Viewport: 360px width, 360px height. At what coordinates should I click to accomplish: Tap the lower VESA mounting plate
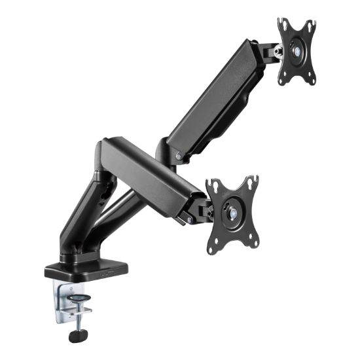(x=232, y=211)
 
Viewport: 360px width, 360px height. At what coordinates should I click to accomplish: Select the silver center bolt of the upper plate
(x=297, y=51)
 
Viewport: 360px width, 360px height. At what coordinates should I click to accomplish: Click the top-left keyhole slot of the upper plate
(x=283, y=26)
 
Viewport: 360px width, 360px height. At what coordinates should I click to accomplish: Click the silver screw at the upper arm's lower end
(x=179, y=155)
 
